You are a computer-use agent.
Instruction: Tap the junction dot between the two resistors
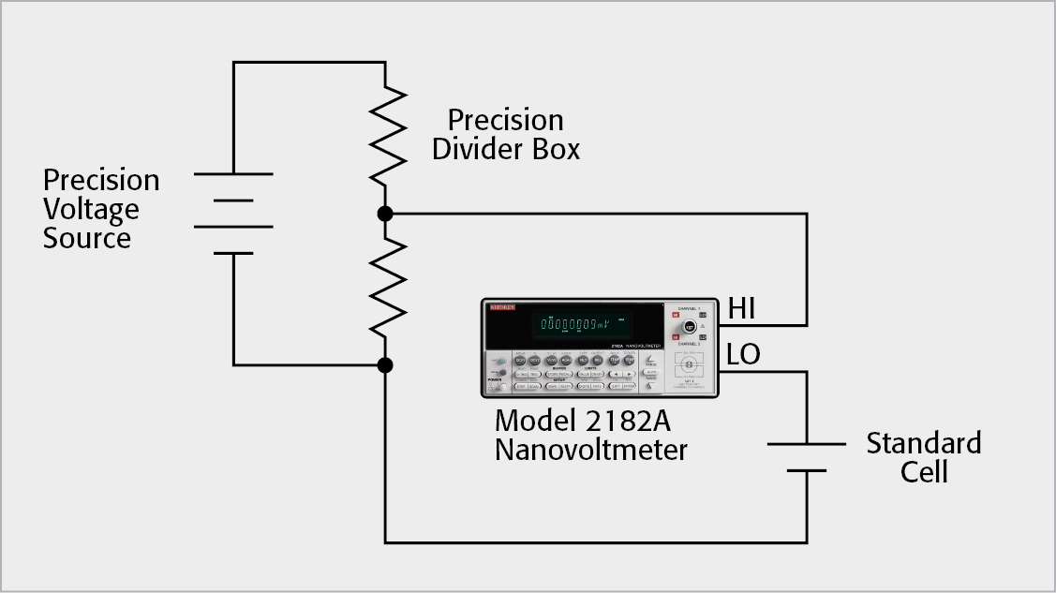click(385, 214)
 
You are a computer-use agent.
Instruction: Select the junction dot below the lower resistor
click(385, 363)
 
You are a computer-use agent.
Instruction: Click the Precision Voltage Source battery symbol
click(233, 213)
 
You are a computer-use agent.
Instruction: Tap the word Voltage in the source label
click(91, 208)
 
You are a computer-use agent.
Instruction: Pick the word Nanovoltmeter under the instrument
click(590, 450)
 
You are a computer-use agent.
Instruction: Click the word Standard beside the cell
click(923, 442)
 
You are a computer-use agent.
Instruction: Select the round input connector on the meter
click(689, 327)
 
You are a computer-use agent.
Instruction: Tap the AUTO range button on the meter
click(651, 372)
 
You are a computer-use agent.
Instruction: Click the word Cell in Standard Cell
click(924, 471)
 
